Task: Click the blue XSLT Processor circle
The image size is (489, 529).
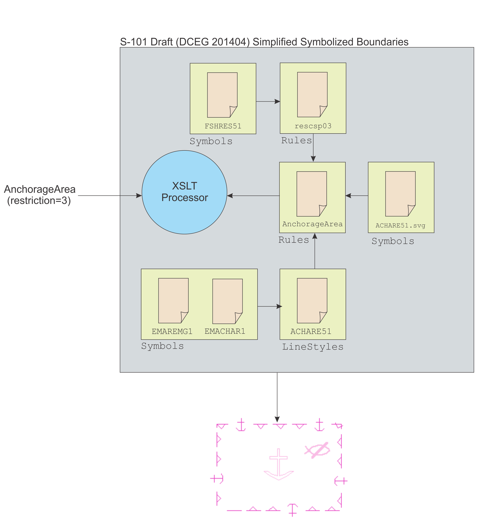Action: (184, 192)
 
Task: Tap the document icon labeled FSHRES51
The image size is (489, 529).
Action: (222, 95)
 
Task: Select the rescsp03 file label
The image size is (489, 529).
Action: (313, 126)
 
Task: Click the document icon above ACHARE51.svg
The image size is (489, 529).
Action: (400, 194)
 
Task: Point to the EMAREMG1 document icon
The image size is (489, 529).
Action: (173, 300)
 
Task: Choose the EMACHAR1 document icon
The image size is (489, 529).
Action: (227, 301)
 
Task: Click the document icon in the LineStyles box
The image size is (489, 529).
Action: (312, 300)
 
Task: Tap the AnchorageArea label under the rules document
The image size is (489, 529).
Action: (312, 224)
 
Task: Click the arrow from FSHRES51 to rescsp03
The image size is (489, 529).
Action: (268, 101)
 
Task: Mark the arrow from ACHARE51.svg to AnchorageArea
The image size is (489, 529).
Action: (357, 196)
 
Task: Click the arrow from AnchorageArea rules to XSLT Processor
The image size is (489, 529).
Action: (253, 196)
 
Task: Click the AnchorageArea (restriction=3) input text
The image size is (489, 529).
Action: (40, 195)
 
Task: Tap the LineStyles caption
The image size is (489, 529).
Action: (313, 347)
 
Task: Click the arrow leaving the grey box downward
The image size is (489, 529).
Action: (277, 397)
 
